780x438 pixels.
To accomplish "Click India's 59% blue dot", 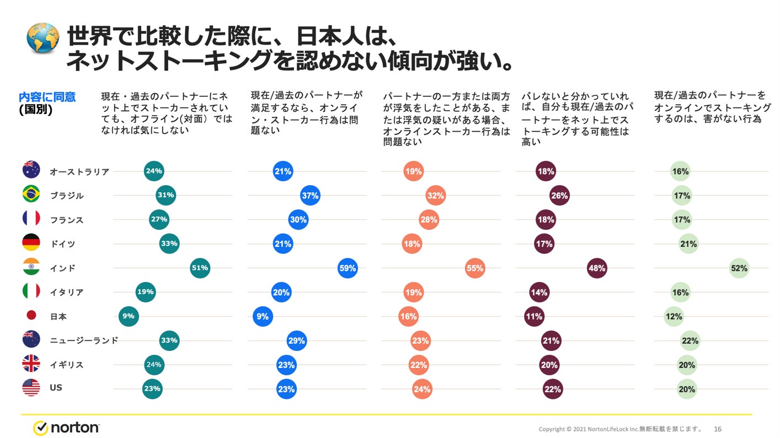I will click(348, 268).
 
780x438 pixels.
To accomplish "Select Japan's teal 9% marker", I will click(128, 316).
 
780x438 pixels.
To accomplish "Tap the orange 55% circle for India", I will click(474, 268).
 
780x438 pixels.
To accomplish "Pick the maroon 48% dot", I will click(597, 268).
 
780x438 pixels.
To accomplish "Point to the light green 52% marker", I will click(739, 268).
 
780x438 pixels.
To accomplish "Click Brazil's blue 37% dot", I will click(310, 196).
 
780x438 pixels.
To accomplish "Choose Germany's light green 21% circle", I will click(688, 244).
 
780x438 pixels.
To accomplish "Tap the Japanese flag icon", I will click(31, 316).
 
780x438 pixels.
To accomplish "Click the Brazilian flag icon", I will click(31, 195).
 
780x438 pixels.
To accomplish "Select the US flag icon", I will click(31, 388).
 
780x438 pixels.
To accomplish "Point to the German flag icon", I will click(31, 243).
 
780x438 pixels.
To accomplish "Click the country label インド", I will click(62, 268).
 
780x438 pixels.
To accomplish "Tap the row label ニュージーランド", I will click(84, 340).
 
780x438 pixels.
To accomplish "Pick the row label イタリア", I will click(66, 293).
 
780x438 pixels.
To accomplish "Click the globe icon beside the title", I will click(42, 37).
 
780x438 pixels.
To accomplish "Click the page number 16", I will click(718, 429).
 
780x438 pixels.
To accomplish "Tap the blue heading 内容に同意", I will click(47, 97).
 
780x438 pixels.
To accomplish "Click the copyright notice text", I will click(620, 429).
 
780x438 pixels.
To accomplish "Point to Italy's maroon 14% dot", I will click(539, 293).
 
